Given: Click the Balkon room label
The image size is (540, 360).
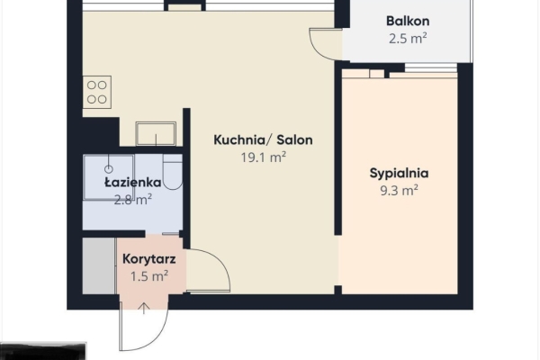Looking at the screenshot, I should point(407,21).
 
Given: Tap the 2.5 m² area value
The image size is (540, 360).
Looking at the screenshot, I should point(407,39).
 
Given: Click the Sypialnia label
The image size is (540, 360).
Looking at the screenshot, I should point(398,173).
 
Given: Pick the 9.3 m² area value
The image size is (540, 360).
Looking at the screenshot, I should point(398,190).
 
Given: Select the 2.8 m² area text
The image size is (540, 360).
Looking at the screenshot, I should point(132,199).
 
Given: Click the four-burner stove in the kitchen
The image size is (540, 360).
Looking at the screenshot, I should point(97,93).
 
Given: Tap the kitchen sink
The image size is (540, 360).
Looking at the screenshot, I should point(157,133).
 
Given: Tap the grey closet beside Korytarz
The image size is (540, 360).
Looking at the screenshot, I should point(98,265).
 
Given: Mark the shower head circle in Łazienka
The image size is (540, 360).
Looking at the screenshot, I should point(107,167).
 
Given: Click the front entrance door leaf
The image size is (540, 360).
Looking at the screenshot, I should point(120,324).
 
